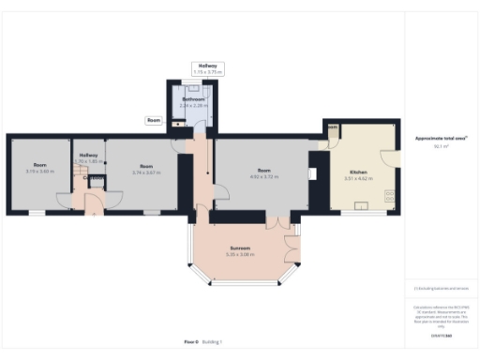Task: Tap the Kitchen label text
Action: (x=358, y=172)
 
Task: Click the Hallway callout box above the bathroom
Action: (x=202, y=68)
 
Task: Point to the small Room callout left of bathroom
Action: (x=154, y=120)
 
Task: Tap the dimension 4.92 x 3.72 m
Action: (x=263, y=175)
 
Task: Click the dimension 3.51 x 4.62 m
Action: (x=359, y=178)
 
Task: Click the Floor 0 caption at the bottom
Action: (x=192, y=343)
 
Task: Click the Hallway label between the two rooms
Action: (x=88, y=156)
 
